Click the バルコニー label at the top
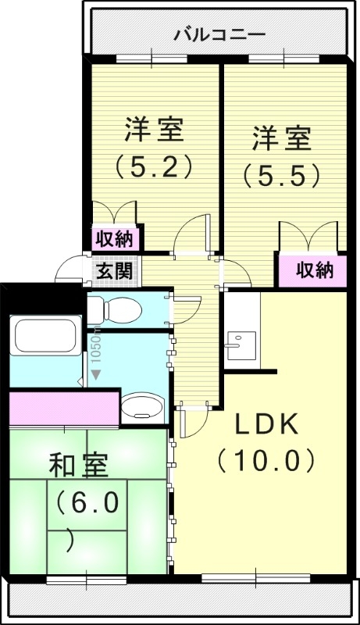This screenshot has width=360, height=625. (x=219, y=34)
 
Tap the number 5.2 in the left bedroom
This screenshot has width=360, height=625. (x=154, y=166)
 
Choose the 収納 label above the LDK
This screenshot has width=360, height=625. (x=315, y=270)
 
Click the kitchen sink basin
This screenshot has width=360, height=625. (x=239, y=344)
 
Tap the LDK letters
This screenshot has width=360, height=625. (x=266, y=423)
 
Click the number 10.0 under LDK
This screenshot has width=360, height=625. (x=266, y=459)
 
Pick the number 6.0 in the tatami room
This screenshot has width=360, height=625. (x=87, y=503)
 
